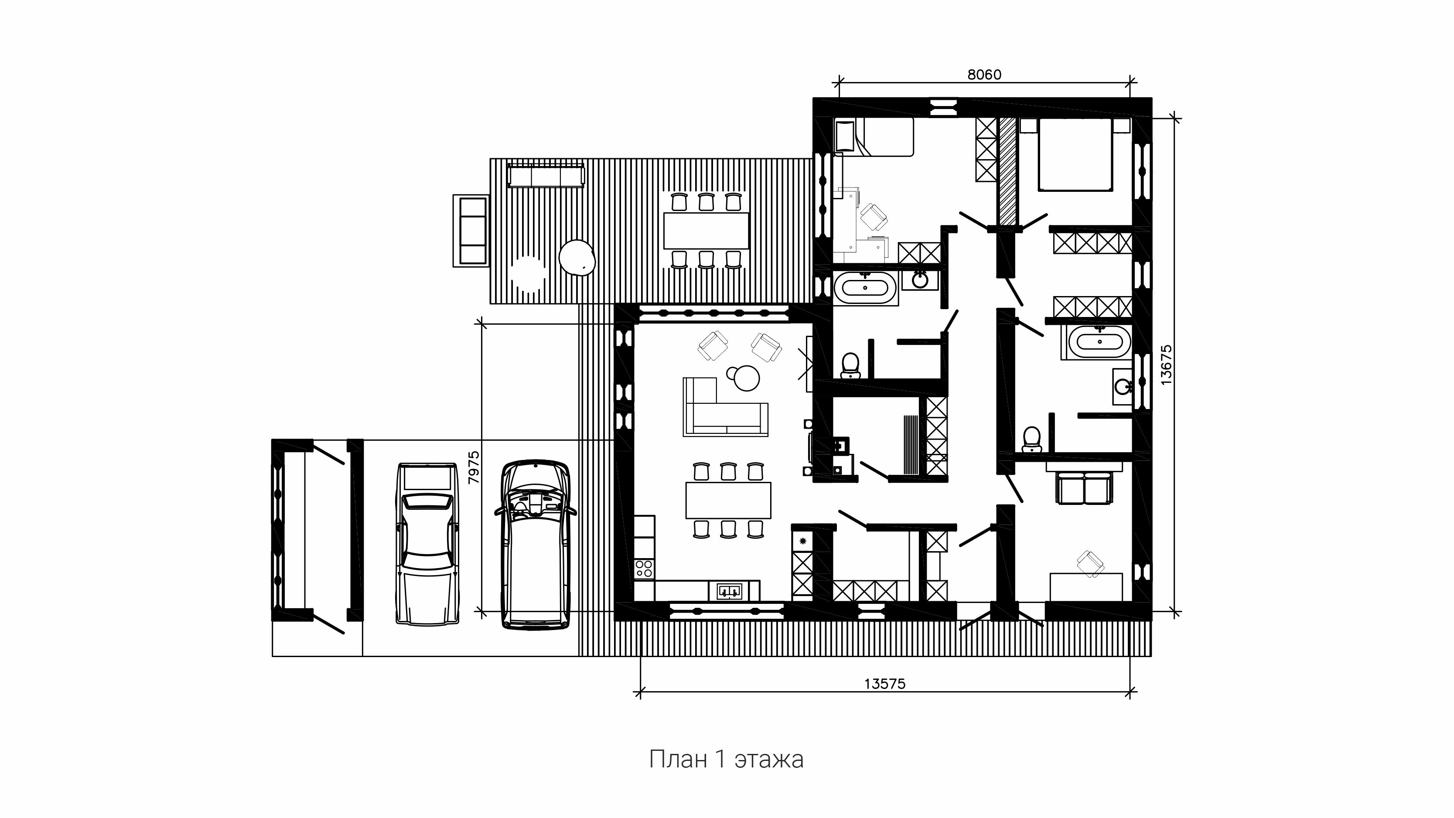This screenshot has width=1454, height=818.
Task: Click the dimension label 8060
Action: [x=984, y=75]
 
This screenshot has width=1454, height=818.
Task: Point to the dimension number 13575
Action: [x=884, y=684]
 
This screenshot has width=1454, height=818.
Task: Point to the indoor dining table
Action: [x=728, y=500]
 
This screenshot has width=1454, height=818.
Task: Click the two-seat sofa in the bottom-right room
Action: [x=1084, y=488]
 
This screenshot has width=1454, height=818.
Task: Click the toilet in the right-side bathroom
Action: [x=1031, y=439]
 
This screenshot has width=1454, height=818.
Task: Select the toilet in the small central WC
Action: [x=850, y=365]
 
